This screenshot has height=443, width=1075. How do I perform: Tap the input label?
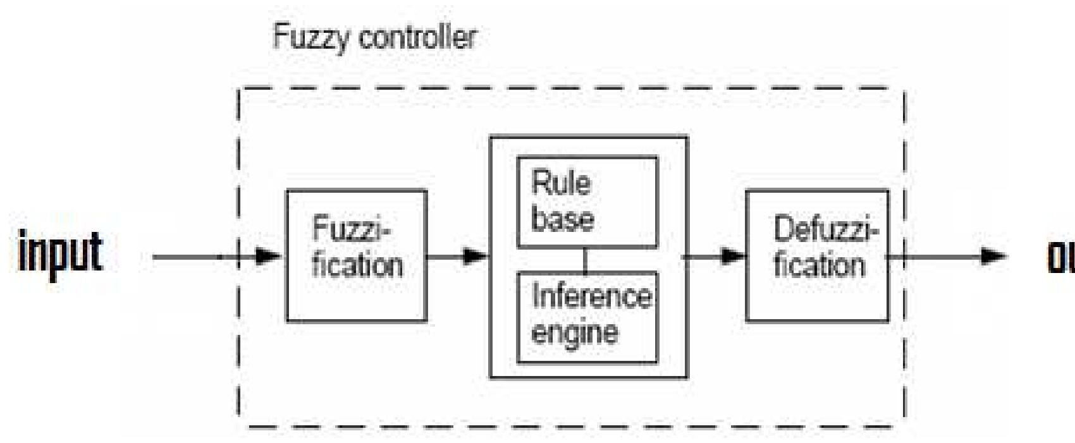coord(61,252)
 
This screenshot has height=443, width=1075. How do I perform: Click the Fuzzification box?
coord(357,256)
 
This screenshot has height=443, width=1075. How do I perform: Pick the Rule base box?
coord(587,202)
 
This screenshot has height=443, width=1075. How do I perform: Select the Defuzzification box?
coord(817,256)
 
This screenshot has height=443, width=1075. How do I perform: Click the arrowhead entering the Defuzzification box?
coord(734,257)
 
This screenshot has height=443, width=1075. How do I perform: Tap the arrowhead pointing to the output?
coord(993,257)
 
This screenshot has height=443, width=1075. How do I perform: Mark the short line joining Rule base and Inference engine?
coord(585,260)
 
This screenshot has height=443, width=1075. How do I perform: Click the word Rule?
coord(562,183)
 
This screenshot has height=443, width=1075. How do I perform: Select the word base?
coord(563,219)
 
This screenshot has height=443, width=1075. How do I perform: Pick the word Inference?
coord(592,296)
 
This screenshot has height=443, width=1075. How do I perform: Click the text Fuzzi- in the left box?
coord(352,229)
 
